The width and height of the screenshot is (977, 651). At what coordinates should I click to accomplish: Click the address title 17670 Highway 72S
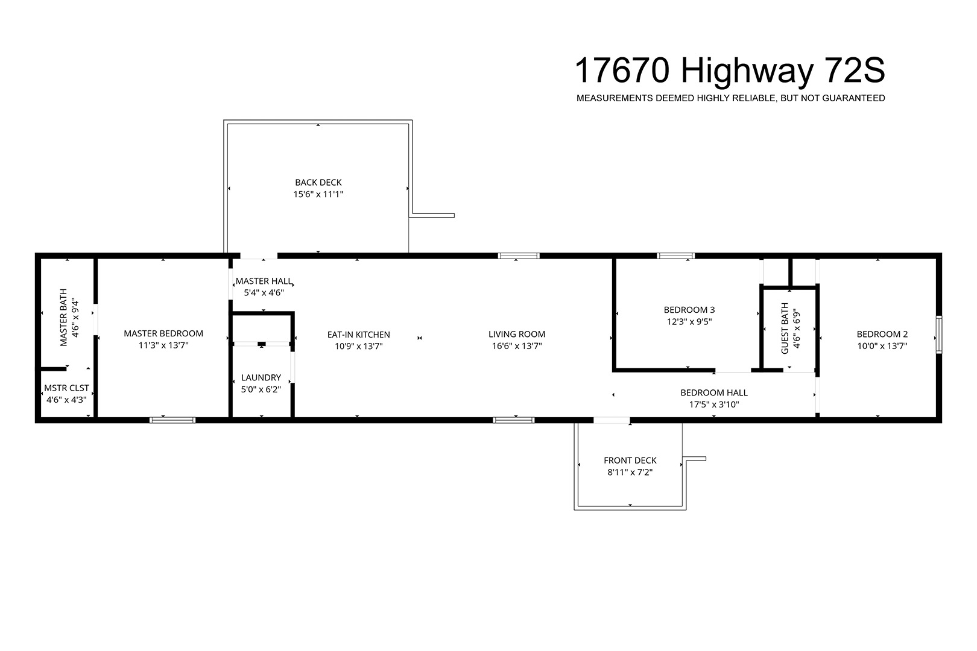tap(730, 71)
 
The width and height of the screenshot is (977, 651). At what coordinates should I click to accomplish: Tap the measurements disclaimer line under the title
tap(730, 98)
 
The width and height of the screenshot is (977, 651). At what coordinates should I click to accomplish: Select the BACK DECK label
tap(318, 182)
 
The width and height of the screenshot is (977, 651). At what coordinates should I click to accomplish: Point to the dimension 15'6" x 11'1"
tap(318, 194)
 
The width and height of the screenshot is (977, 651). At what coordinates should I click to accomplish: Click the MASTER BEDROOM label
tap(163, 333)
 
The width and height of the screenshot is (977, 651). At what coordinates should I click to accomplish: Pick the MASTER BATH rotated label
tap(64, 318)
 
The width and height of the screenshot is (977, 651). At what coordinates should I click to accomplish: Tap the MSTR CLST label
tap(67, 388)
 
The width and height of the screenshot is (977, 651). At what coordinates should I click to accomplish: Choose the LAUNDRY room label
tap(261, 377)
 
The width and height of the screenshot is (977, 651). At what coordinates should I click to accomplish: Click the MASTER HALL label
tap(264, 281)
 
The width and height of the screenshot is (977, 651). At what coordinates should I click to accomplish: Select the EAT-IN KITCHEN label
tap(359, 335)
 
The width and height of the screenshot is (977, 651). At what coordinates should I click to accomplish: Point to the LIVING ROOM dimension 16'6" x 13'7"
tap(517, 346)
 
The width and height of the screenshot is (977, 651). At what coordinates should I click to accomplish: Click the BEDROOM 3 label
tap(689, 310)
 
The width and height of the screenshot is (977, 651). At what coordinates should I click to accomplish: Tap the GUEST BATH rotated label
tap(785, 329)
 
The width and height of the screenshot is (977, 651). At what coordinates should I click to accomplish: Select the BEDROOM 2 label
tap(882, 335)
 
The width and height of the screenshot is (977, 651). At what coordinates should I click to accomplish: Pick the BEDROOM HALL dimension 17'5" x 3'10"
tap(714, 404)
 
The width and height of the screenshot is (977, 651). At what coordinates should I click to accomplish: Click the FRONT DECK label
tap(630, 461)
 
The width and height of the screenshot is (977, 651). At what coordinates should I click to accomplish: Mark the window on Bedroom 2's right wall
tap(939, 335)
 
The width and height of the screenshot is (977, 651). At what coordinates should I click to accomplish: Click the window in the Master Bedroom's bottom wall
tap(172, 420)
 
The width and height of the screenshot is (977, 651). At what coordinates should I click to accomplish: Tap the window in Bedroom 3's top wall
tap(676, 256)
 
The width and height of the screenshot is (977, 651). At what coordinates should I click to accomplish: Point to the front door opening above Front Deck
tap(612, 420)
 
